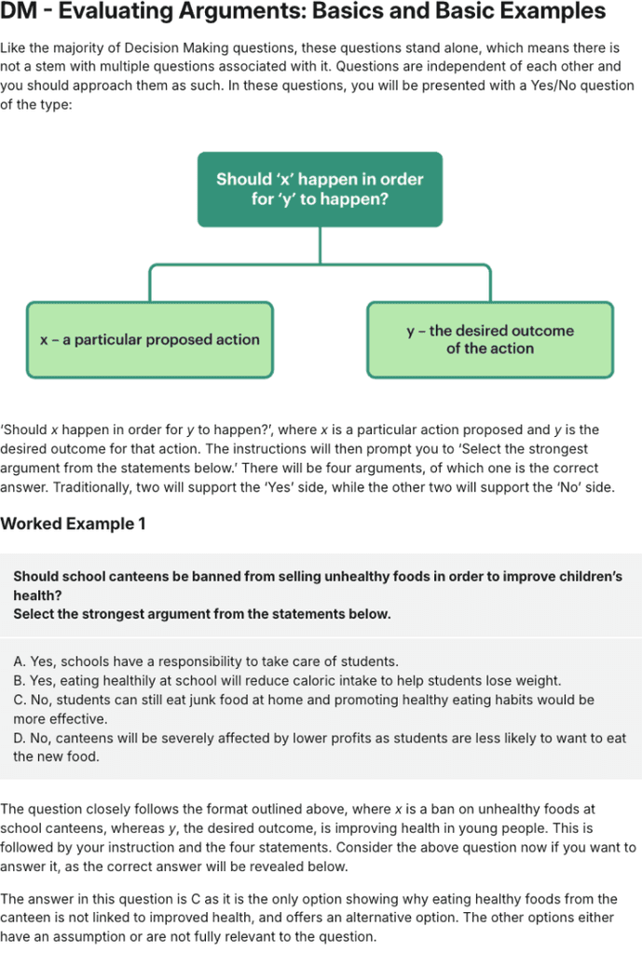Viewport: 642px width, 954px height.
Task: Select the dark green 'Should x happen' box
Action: (x=320, y=189)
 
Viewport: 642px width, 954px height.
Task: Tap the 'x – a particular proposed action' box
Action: (x=149, y=340)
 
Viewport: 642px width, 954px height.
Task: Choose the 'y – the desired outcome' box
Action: (x=490, y=339)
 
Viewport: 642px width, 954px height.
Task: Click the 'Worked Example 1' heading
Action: (x=73, y=524)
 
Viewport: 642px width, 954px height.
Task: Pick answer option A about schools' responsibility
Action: (x=206, y=661)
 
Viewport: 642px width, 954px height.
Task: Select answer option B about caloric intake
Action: (x=287, y=680)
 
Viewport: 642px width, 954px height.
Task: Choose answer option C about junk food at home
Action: (x=303, y=709)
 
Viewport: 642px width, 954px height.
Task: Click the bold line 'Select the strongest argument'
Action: (x=202, y=614)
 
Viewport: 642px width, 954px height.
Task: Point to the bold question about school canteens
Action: (x=317, y=585)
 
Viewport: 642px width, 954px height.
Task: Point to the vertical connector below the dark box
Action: (x=320, y=245)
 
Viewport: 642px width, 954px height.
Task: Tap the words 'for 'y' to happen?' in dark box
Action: (x=320, y=199)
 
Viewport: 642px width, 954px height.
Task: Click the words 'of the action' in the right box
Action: (x=490, y=348)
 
